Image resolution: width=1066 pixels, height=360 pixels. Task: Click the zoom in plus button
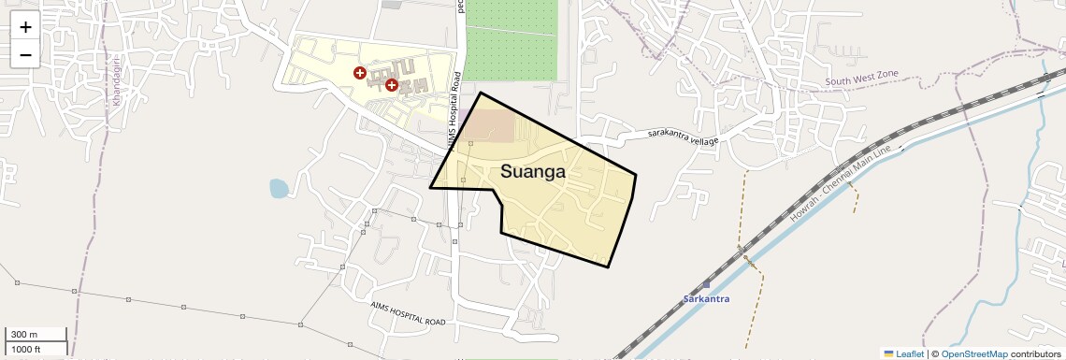(25, 27)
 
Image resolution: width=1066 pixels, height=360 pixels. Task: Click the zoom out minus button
(25, 54)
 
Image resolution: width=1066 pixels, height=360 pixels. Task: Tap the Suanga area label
(533, 171)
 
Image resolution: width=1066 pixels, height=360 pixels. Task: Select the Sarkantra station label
(706, 299)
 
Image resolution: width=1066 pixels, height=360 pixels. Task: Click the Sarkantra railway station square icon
(706, 283)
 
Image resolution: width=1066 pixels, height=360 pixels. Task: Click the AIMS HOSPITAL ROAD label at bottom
(408, 312)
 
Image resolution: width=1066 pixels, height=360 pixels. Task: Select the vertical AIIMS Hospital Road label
(454, 110)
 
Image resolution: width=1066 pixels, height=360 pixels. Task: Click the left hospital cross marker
(359, 72)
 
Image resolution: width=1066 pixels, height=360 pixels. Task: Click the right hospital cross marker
(392, 85)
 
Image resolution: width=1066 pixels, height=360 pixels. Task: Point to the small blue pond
(279, 189)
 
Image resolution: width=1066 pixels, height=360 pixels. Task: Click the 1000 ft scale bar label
(26, 349)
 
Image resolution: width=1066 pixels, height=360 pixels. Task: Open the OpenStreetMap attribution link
(973, 353)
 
